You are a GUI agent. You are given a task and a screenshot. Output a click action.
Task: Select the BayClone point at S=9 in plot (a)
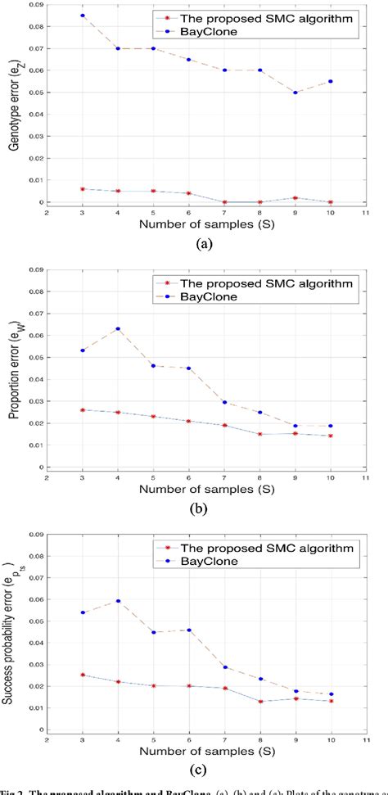click(316, 93)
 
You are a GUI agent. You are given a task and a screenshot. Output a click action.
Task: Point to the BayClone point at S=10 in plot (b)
click(354, 426)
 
